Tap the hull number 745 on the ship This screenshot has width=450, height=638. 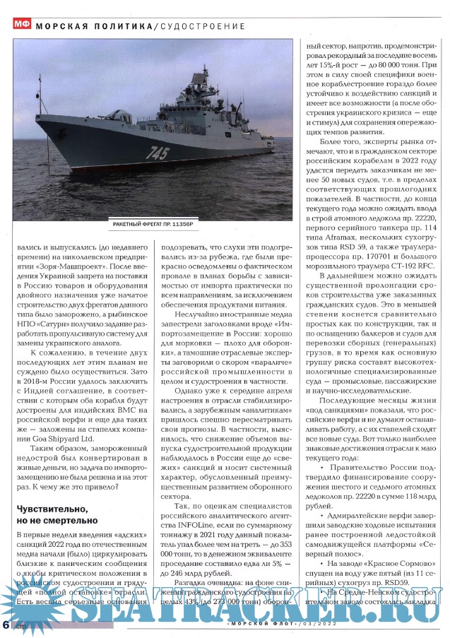point(158,152)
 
